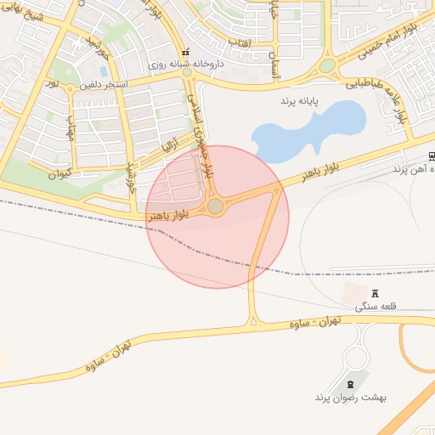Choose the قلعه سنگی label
pyautogui.click(x=375, y=306)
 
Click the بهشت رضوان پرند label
pyautogui.click(x=344, y=397)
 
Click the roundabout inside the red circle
pyautogui.click(x=216, y=206)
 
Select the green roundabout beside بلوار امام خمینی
pyautogui.click(x=327, y=65)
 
